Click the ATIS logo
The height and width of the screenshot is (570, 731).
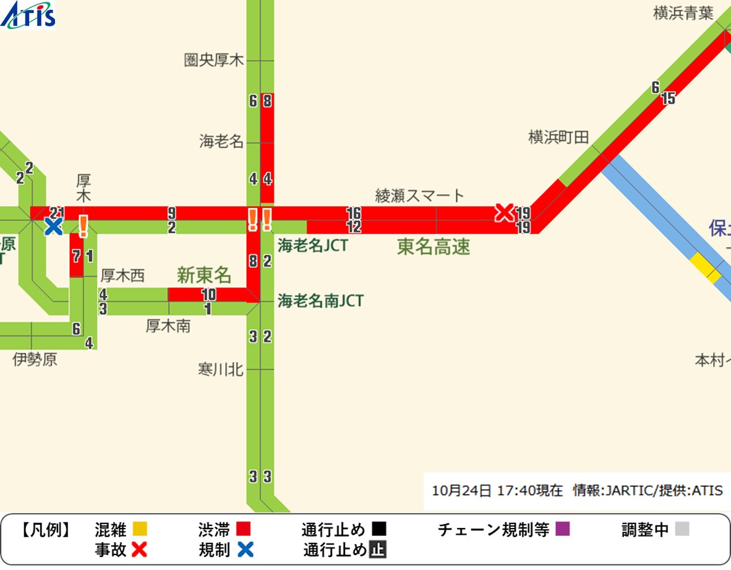pyautogui.click(x=28, y=15)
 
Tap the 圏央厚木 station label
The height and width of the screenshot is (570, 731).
pyautogui.click(x=214, y=60)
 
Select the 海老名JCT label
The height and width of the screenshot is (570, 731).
pyautogui.click(x=312, y=245)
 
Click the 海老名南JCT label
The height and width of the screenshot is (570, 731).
pyautogui.click(x=320, y=301)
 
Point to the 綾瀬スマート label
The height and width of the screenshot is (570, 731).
pyautogui.click(x=419, y=196)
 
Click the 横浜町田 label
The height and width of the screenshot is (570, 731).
pyautogui.click(x=558, y=137)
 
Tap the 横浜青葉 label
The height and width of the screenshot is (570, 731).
pyautogui.click(x=683, y=14)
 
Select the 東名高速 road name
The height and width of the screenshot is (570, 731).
pyautogui.click(x=433, y=247)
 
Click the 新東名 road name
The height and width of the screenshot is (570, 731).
pyautogui.click(x=204, y=275)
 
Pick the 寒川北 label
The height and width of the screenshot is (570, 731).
pyautogui.click(x=221, y=370)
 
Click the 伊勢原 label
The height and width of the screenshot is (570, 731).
pyautogui.click(x=35, y=360)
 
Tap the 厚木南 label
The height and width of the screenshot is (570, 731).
pyautogui.click(x=168, y=326)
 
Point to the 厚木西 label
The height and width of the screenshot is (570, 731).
pyautogui.click(x=122, y=276)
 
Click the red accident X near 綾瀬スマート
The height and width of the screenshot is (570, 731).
pyautogui.click(x=504, y=213)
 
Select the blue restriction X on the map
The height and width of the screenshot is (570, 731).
pyautogui.click(x=54, y=227)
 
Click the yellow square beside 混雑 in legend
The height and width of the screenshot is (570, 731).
pyautogui.click(x=140, y=530)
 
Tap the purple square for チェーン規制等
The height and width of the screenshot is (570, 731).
pyautogui.click(x=562, y=530)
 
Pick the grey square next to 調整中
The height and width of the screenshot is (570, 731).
pyautogui.click(x=682, y=530)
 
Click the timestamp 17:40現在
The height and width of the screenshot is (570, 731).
pyautogui.click(x=537, y=491)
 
